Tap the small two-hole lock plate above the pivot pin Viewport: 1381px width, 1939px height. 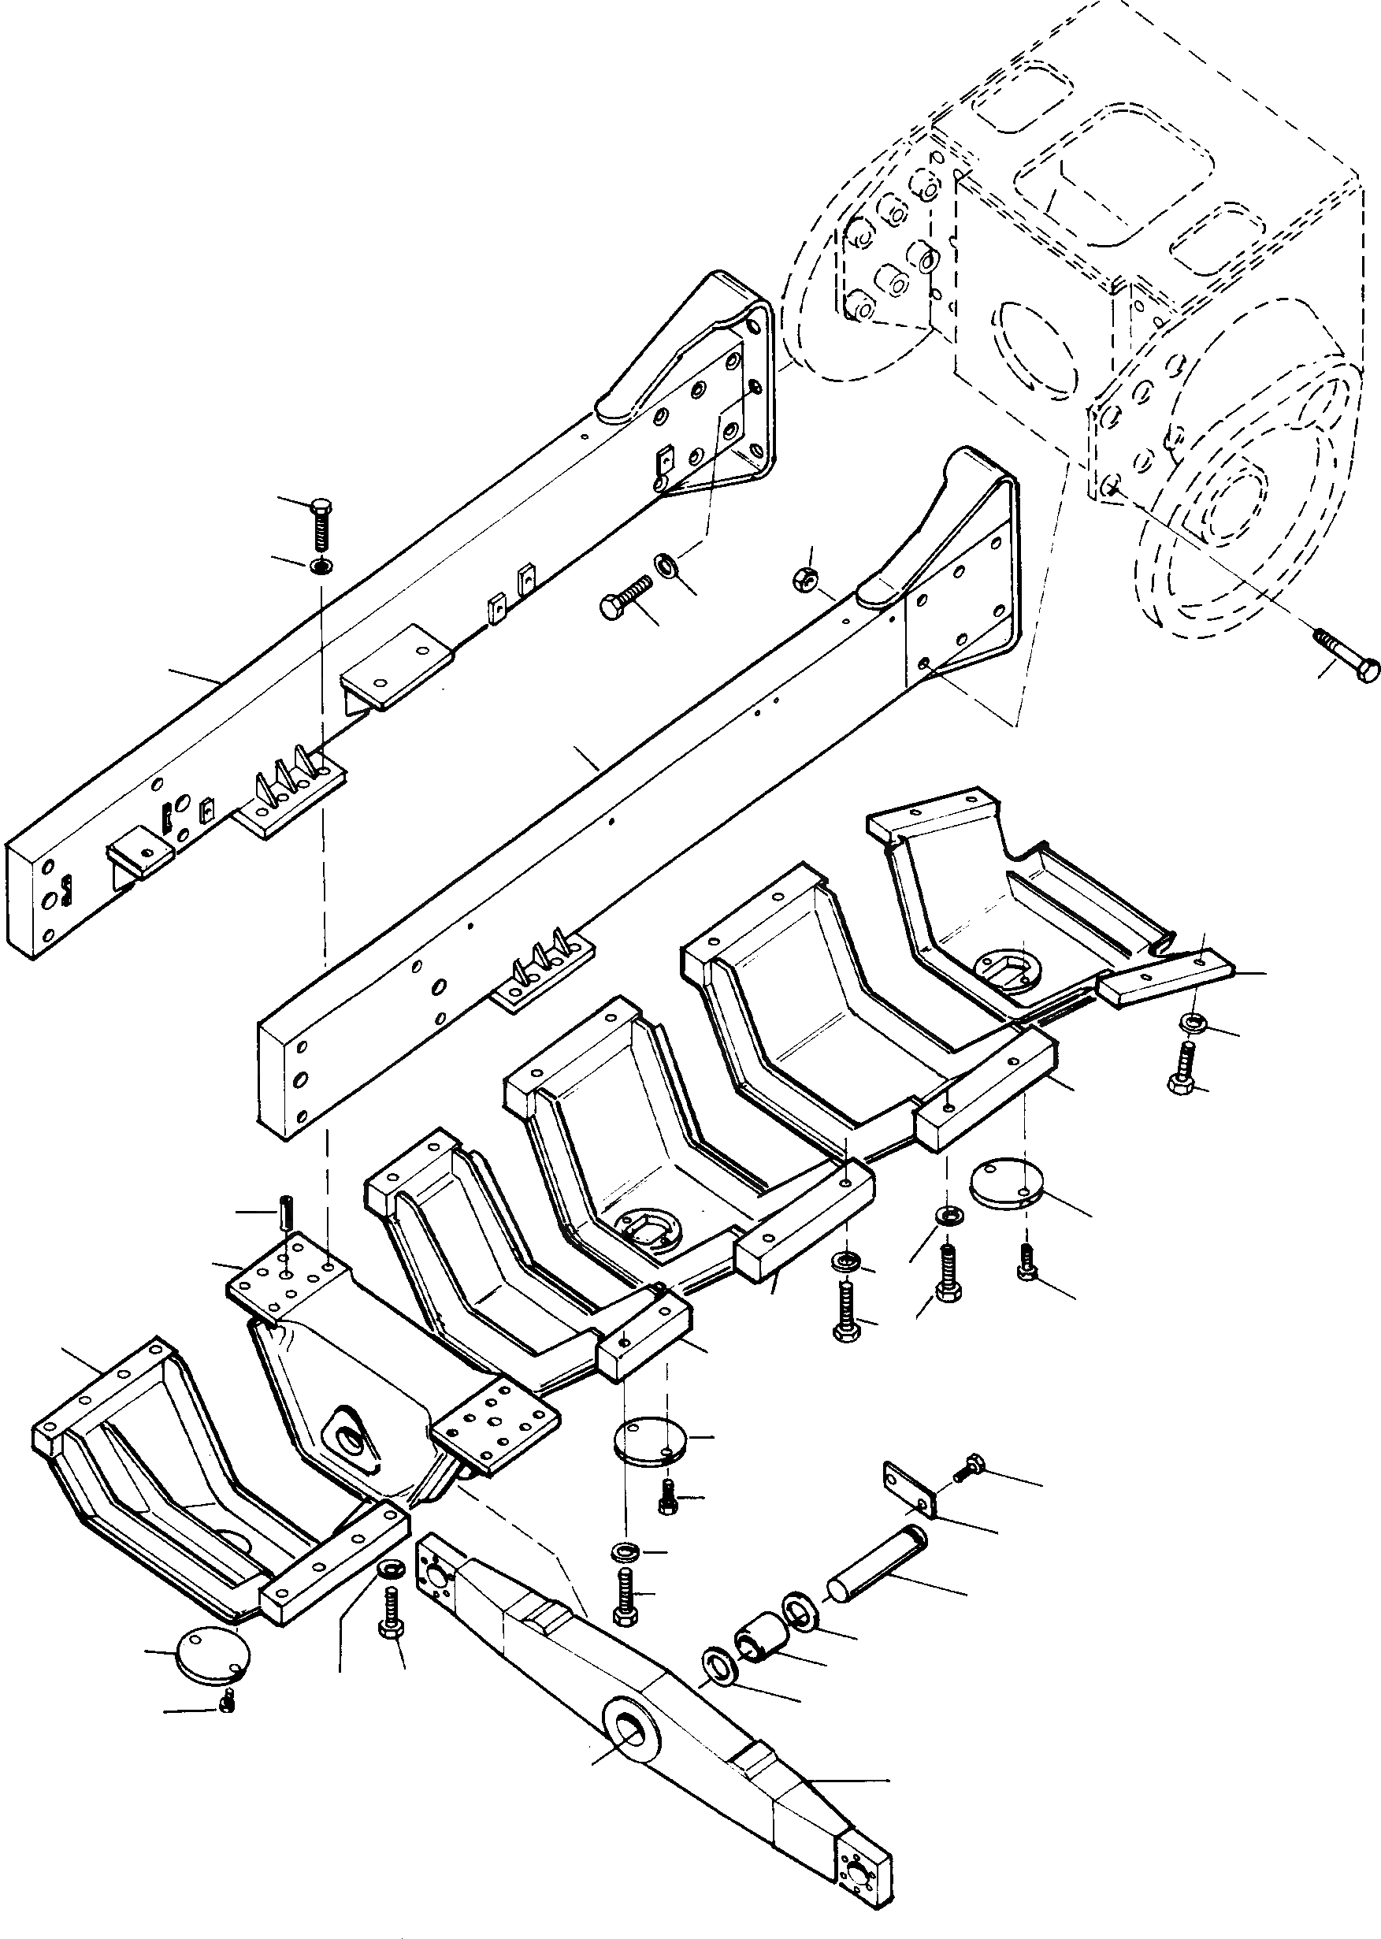tap(911, 1488)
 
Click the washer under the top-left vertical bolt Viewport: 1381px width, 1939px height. tap(321, 566)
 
